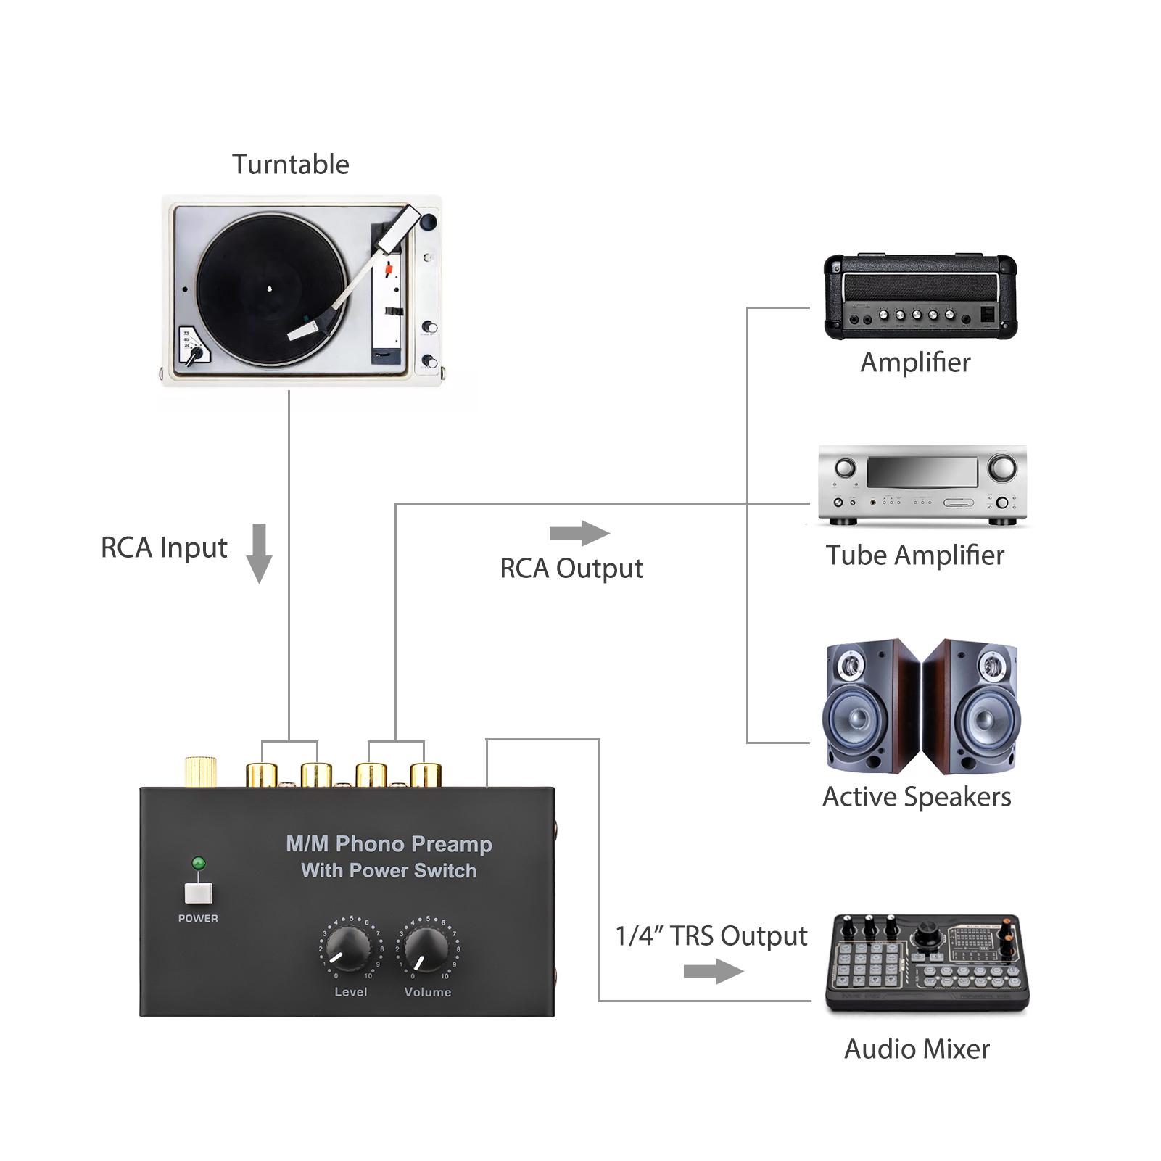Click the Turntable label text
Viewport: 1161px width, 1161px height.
290,165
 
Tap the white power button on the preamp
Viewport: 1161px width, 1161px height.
198,893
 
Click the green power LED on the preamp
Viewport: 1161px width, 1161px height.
198,864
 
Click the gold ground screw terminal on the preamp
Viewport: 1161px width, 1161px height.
200,772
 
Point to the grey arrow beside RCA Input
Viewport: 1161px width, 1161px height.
259,553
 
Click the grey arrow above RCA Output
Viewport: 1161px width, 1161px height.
579,534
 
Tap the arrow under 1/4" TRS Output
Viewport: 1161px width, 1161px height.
714,971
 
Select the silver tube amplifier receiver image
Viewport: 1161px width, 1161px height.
922,484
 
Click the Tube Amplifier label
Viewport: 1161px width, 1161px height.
914,555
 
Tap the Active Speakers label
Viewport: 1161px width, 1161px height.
916,797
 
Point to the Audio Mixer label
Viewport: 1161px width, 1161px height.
917,1049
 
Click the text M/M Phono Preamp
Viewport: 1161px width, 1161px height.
389,844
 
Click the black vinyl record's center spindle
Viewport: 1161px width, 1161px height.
270,289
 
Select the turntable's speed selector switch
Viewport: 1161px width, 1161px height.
193,355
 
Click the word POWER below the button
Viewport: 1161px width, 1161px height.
198,918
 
